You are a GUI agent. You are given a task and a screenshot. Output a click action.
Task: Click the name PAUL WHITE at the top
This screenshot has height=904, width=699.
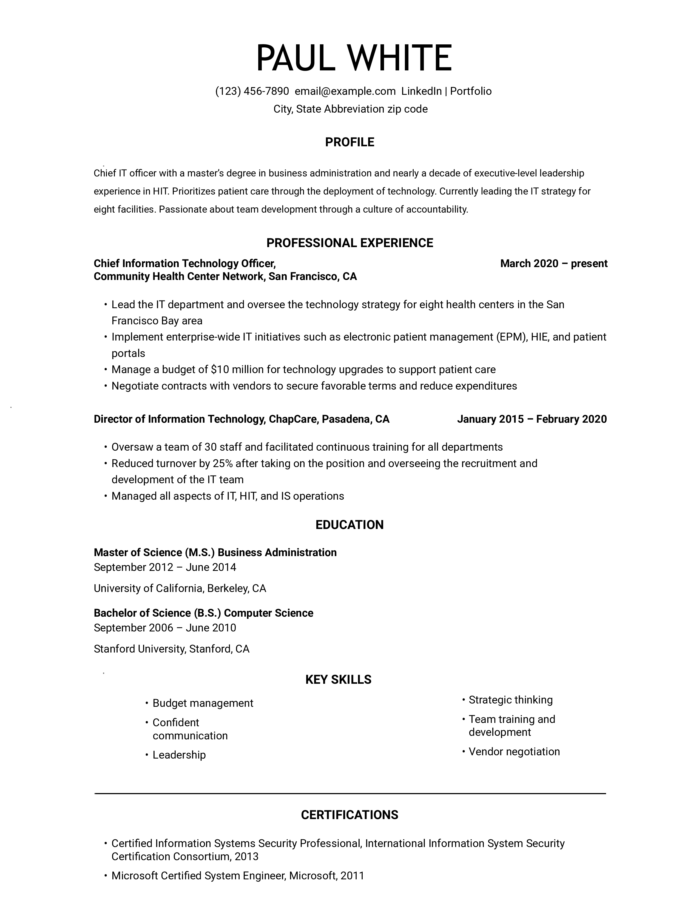coord(354,58)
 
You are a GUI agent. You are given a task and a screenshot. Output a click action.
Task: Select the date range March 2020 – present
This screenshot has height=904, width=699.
coord(554,263)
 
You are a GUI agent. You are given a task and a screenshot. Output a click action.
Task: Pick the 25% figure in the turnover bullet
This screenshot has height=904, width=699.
coord(222,463)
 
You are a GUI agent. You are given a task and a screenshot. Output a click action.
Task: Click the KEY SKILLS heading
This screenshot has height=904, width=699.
coord(338,679)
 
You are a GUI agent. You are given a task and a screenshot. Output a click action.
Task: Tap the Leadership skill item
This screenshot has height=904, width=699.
coord(179,755)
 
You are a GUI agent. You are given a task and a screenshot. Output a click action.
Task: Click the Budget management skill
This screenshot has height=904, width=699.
coord(203,703)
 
